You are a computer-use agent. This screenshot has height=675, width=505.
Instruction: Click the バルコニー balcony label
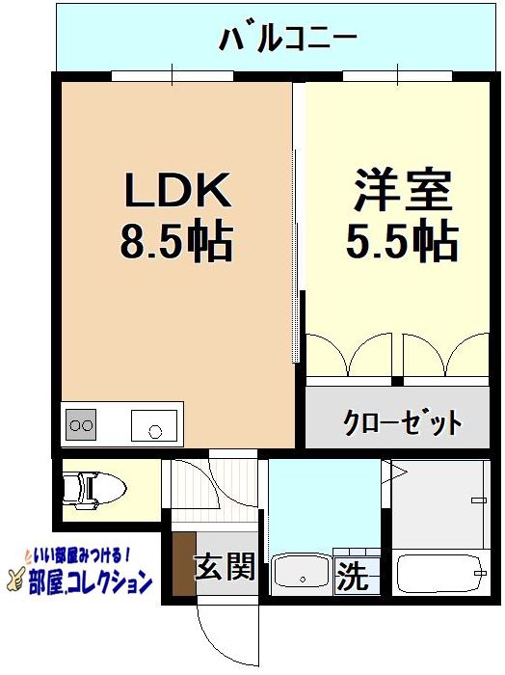[288, 40]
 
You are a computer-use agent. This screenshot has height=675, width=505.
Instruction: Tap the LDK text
[175, 191]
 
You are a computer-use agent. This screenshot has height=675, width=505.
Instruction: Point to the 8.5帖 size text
[175, 243]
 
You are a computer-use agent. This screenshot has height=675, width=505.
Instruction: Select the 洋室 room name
[402, 191]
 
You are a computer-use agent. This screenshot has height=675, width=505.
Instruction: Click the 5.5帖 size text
[402, 243]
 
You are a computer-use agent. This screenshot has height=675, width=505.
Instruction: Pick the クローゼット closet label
[403, 421]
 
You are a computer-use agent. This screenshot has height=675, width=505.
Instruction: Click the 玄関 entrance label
[225, 567]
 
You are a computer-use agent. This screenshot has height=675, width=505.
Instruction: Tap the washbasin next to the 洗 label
[302, 576]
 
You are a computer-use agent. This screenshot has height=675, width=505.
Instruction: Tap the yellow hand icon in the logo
[16, 580]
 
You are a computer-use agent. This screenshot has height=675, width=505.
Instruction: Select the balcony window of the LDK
[173, 75]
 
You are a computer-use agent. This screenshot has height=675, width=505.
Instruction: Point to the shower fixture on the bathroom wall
[479, 499]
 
